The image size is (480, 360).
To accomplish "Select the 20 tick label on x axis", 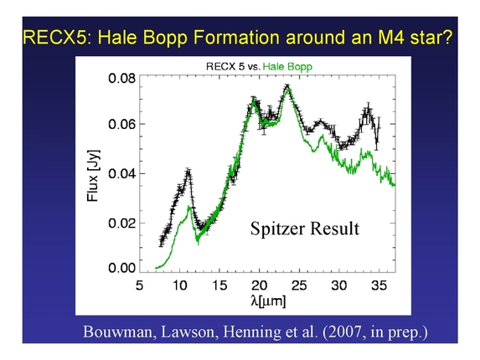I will [x=261, y=286].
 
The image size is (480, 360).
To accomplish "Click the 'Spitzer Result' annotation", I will [x=304, y=228].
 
